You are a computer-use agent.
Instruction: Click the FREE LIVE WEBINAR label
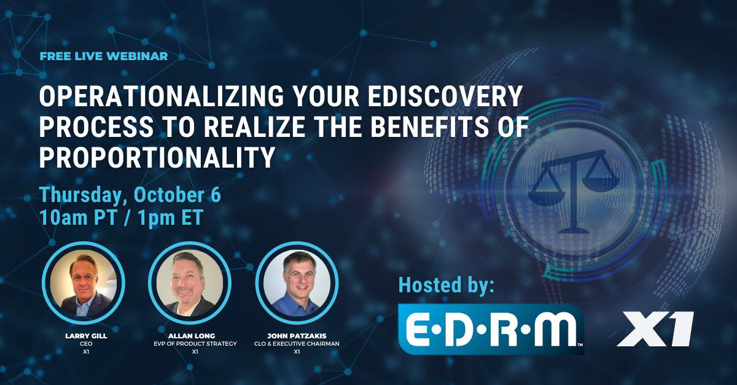point(103,56)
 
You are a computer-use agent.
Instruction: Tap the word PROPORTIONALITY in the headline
point(157,158)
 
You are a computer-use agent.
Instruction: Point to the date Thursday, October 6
point(130,195)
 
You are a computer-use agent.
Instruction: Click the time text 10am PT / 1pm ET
point(121,218)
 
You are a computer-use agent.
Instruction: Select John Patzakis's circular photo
point(297,283)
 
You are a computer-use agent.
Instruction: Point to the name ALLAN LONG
point(190,336)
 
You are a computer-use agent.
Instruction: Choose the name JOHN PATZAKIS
point(297,336)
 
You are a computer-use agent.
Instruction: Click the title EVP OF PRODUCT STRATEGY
point(190,344)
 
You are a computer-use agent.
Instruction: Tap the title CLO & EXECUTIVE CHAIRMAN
point(297,344)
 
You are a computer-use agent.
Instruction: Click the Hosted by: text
point(446,285)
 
